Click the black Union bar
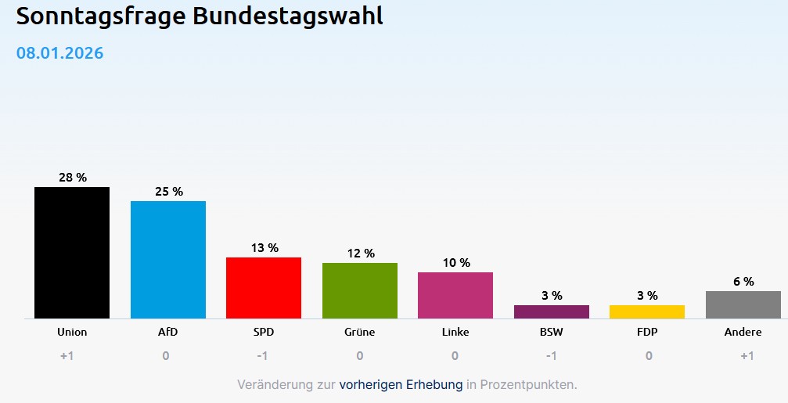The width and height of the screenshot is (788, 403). (72, 252)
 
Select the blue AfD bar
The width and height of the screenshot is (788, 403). (167, 259)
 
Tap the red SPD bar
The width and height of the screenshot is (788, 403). (264, 287)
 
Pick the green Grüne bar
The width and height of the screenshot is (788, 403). (359, 290)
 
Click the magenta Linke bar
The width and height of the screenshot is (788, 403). (455, 295)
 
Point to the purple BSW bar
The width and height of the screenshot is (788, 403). (551, 311)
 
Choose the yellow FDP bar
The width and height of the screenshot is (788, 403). (647, 311)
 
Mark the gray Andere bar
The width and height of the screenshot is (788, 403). (743, 304)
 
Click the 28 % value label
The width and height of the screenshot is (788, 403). (73, 178)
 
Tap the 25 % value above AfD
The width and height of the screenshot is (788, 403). (168, 192)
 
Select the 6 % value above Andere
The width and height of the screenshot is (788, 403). (743, 282)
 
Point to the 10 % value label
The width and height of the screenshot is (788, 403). (455, 263)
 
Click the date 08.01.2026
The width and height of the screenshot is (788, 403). (60, 53)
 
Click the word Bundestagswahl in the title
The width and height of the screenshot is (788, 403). (288, 16)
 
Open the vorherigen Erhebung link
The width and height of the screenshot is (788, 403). (401, 385)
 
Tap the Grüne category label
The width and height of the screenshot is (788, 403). (360, 332)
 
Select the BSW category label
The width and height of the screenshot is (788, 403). (552, 332)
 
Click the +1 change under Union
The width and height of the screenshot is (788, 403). (67, 356)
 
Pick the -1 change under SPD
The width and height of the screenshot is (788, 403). (264, 356)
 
